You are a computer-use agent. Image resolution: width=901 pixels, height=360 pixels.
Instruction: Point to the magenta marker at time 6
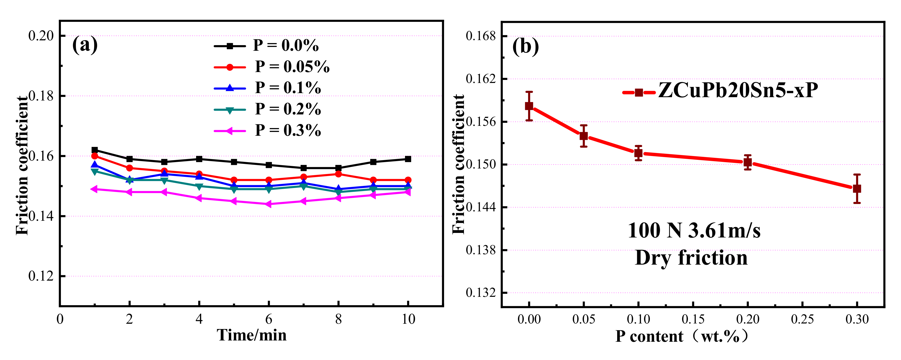pos(269,204)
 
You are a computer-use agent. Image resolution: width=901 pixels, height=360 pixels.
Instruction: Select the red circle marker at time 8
pos(338,174)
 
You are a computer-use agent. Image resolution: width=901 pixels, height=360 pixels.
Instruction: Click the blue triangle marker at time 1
pos(94,165)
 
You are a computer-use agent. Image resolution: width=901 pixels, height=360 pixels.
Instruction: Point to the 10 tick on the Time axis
pos(408,319)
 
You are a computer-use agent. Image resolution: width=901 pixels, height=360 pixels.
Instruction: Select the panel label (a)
pos(85,45)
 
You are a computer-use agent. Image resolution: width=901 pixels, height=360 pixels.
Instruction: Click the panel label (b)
pos(525,46)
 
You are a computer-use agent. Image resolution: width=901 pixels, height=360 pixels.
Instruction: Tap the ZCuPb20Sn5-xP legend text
pos(738,91)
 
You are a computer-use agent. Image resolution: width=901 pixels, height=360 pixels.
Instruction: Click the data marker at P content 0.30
pos(857,188)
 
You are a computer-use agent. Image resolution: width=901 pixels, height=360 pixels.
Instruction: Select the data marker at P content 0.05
pos(583,136)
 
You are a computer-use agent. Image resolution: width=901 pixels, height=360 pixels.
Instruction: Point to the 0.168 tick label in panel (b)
pos(481,36)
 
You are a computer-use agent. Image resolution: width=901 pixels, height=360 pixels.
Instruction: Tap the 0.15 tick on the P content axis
pos(693,319)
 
